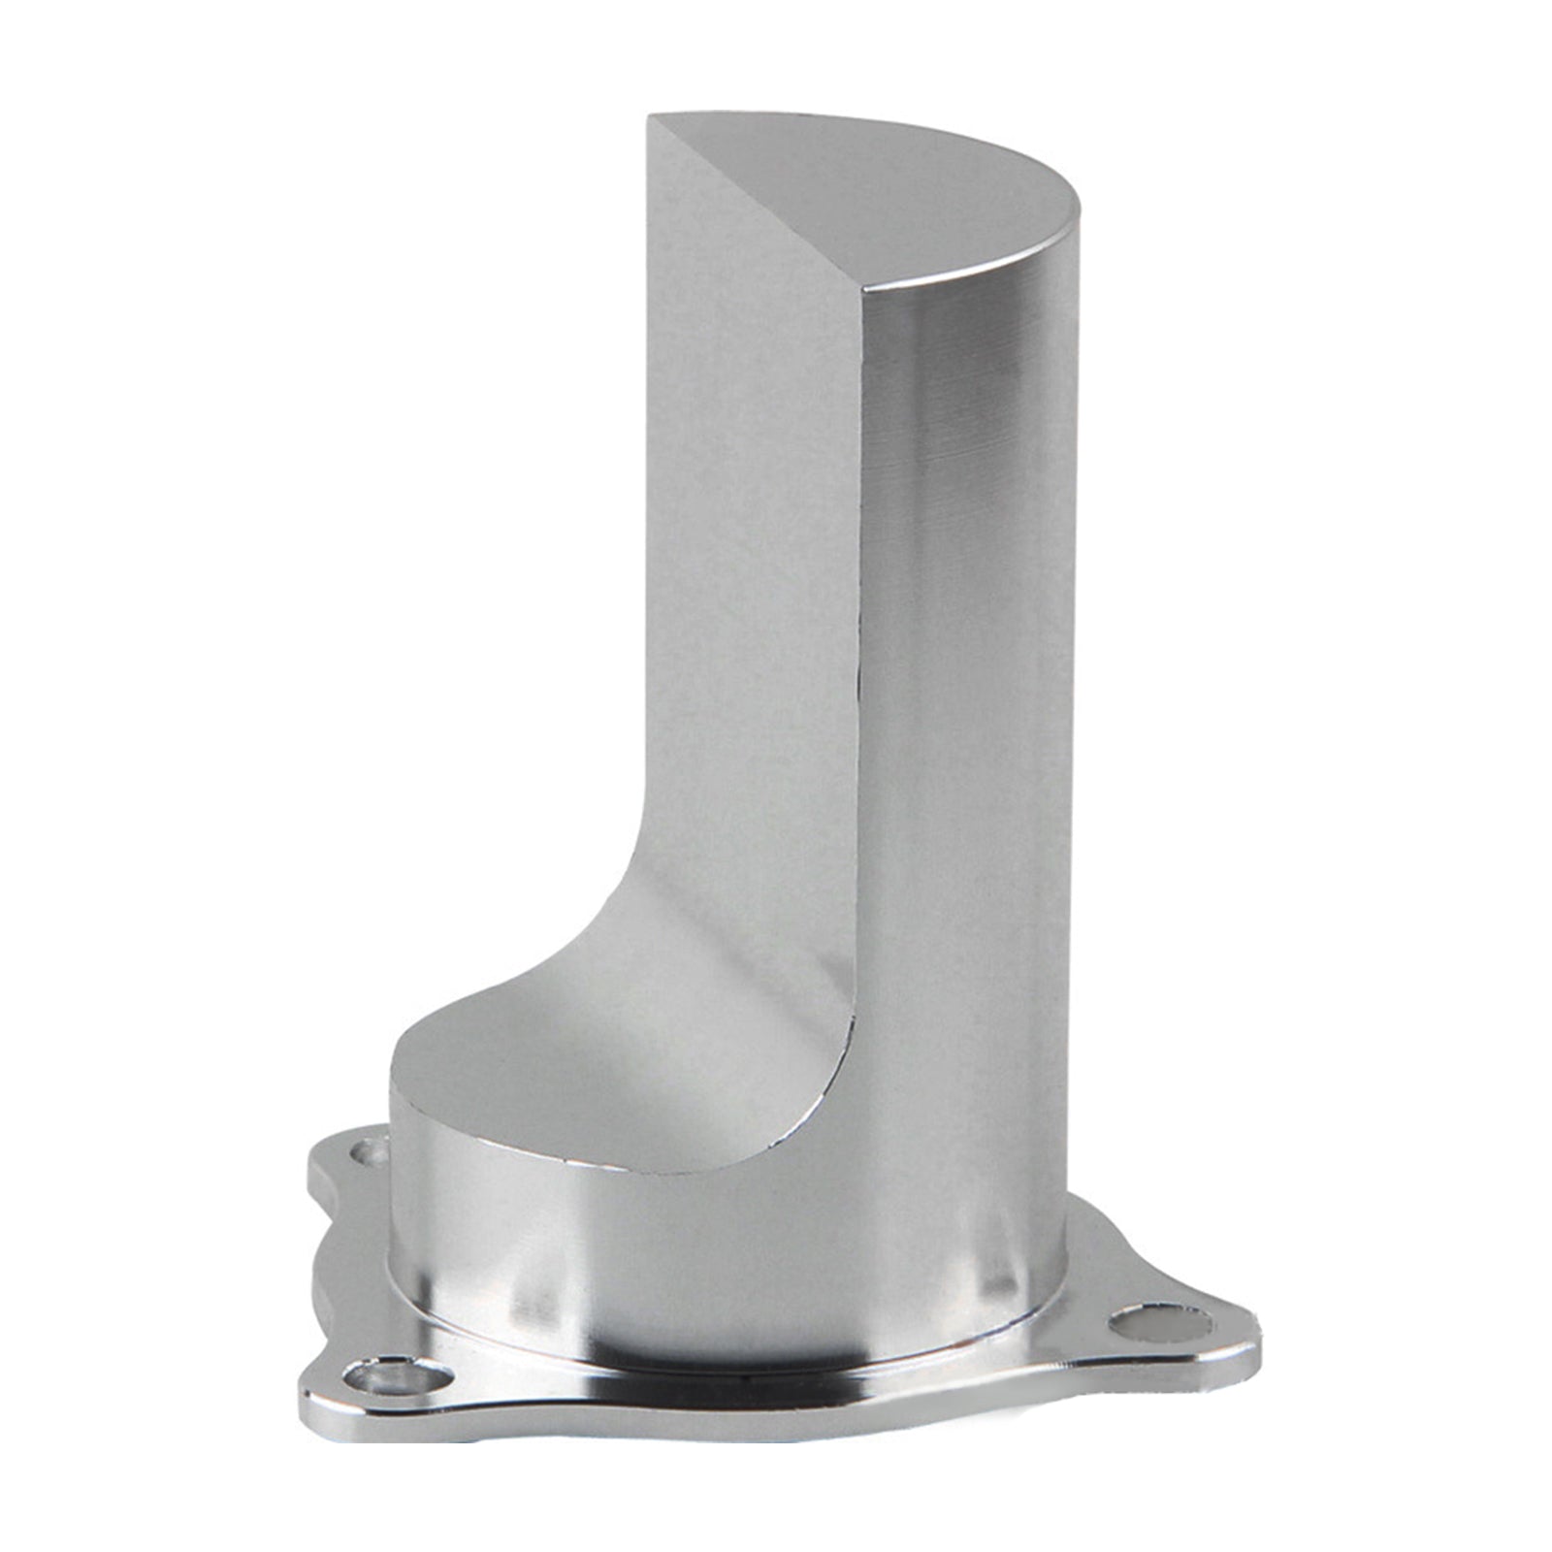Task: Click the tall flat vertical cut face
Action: [747, 543]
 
